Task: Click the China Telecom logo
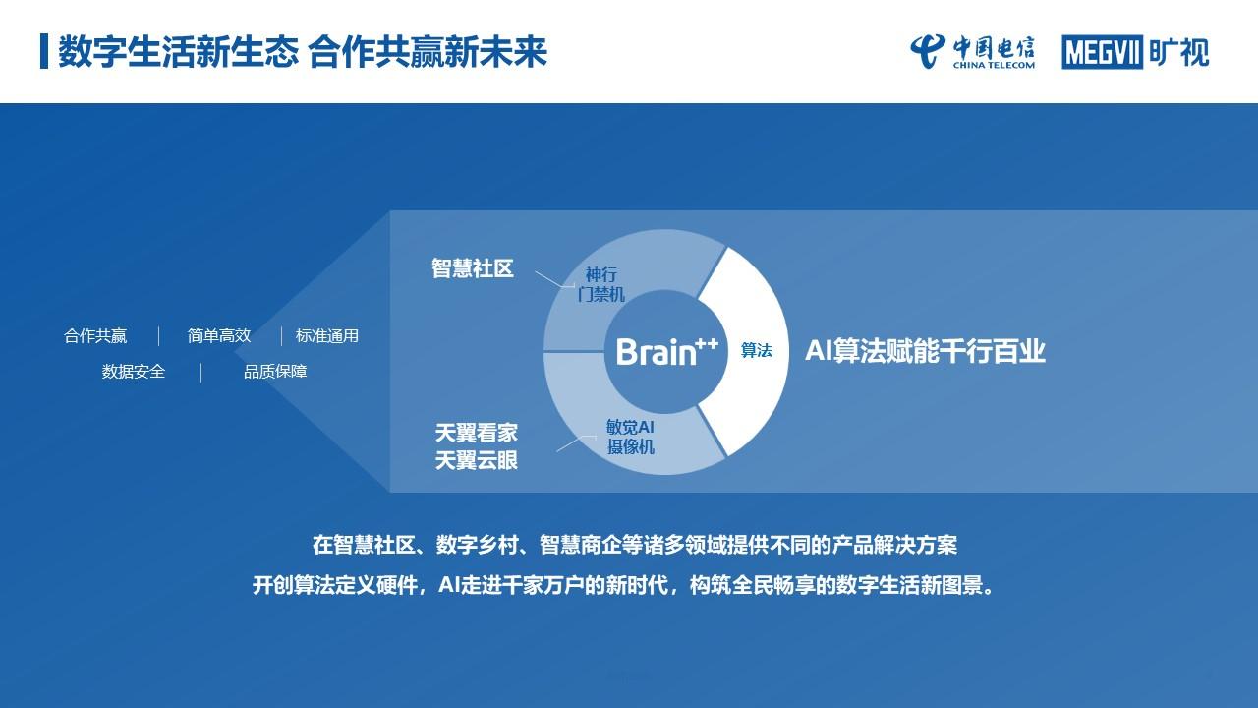click(972, 52)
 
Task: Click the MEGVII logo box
click(1102, 52)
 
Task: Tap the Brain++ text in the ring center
click(666, 352)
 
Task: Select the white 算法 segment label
click(756, 351)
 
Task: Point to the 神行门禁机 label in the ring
click(600, 284)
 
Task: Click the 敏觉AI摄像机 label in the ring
click(630, 437)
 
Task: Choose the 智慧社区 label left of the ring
click(473, 268)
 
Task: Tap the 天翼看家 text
click(477, 433)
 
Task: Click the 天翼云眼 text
click(477, 461)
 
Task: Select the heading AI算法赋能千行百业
click(925, 351)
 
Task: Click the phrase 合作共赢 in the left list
click(95, 336)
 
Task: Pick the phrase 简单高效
click(219, 336)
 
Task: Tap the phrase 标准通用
click(327, 336)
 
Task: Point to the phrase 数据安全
click(134, 372)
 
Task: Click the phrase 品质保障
click(275, 372)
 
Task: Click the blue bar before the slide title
click(44, 52)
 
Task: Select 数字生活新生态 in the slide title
click(178, 52)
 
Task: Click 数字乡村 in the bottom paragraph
click(477, 545)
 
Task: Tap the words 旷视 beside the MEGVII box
click(1178, 52)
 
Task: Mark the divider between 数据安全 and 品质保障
click(201, 373)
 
